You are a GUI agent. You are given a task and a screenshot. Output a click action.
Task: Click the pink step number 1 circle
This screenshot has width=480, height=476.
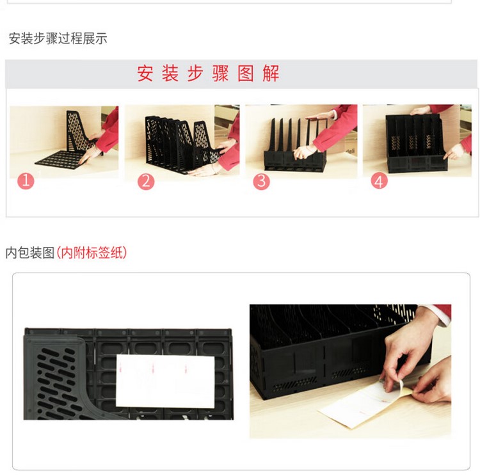pos(26,181)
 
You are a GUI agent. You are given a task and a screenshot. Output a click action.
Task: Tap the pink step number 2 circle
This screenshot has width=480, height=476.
pos(146,182)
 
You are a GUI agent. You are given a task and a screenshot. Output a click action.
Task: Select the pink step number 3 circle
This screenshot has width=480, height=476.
pos(261,181)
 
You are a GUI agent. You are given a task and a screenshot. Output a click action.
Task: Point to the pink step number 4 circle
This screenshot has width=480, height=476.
pos(380,181)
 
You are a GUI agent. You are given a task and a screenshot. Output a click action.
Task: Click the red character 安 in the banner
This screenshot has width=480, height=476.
pos(145,74)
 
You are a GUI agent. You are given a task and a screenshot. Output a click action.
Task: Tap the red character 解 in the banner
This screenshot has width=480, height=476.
pos(271,74)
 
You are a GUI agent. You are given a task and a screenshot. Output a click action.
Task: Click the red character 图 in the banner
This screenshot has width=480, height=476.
pos(246,74)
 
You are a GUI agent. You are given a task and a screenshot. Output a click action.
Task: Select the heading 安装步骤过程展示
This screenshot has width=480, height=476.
pos(58,39)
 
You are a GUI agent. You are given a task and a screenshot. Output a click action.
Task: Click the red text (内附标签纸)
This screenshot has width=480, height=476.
pos(92,253)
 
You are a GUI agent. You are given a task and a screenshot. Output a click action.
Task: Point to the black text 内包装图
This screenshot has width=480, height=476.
pos(30,253)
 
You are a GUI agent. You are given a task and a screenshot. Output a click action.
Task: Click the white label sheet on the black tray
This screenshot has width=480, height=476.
pos(165,381)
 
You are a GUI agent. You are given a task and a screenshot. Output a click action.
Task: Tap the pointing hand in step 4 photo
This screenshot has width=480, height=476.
pos(454,152)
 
